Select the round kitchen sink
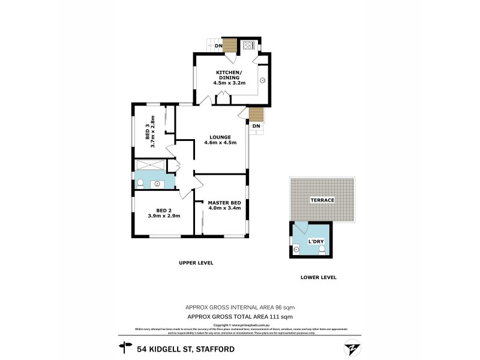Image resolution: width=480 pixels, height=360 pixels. tap(263, 79)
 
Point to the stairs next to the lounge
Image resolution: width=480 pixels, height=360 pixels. tap(256, 114)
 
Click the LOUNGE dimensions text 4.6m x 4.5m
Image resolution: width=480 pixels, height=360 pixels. tap(220, 143)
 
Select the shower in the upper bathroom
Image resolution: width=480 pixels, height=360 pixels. tap(150, 166)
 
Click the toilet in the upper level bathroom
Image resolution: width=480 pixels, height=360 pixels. tap(140, 183)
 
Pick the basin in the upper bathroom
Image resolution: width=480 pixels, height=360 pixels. tap(160, 184)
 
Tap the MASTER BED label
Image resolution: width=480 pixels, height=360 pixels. tap(224, 203)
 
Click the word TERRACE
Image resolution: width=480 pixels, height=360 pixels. tap(322, 199)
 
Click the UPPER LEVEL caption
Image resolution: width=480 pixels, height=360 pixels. tap(196, 263)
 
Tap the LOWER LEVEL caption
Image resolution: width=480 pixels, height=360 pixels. tap(318, 277)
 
